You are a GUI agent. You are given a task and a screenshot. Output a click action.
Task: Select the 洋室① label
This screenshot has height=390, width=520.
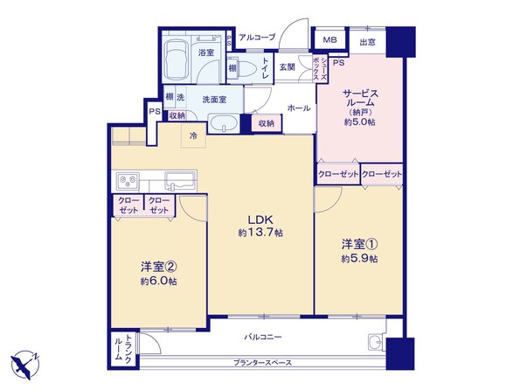click(358, 245)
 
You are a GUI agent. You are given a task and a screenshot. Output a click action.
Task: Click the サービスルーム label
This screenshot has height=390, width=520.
click(358, 99)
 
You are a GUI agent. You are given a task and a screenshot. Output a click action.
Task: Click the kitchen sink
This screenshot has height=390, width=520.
click(182, 181)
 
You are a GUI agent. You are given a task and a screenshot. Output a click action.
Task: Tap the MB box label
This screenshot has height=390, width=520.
click(329, 40)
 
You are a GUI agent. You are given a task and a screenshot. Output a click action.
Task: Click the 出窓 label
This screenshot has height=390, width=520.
click(368, 41)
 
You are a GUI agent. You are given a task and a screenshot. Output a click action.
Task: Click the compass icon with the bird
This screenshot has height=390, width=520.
click(24, 362)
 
